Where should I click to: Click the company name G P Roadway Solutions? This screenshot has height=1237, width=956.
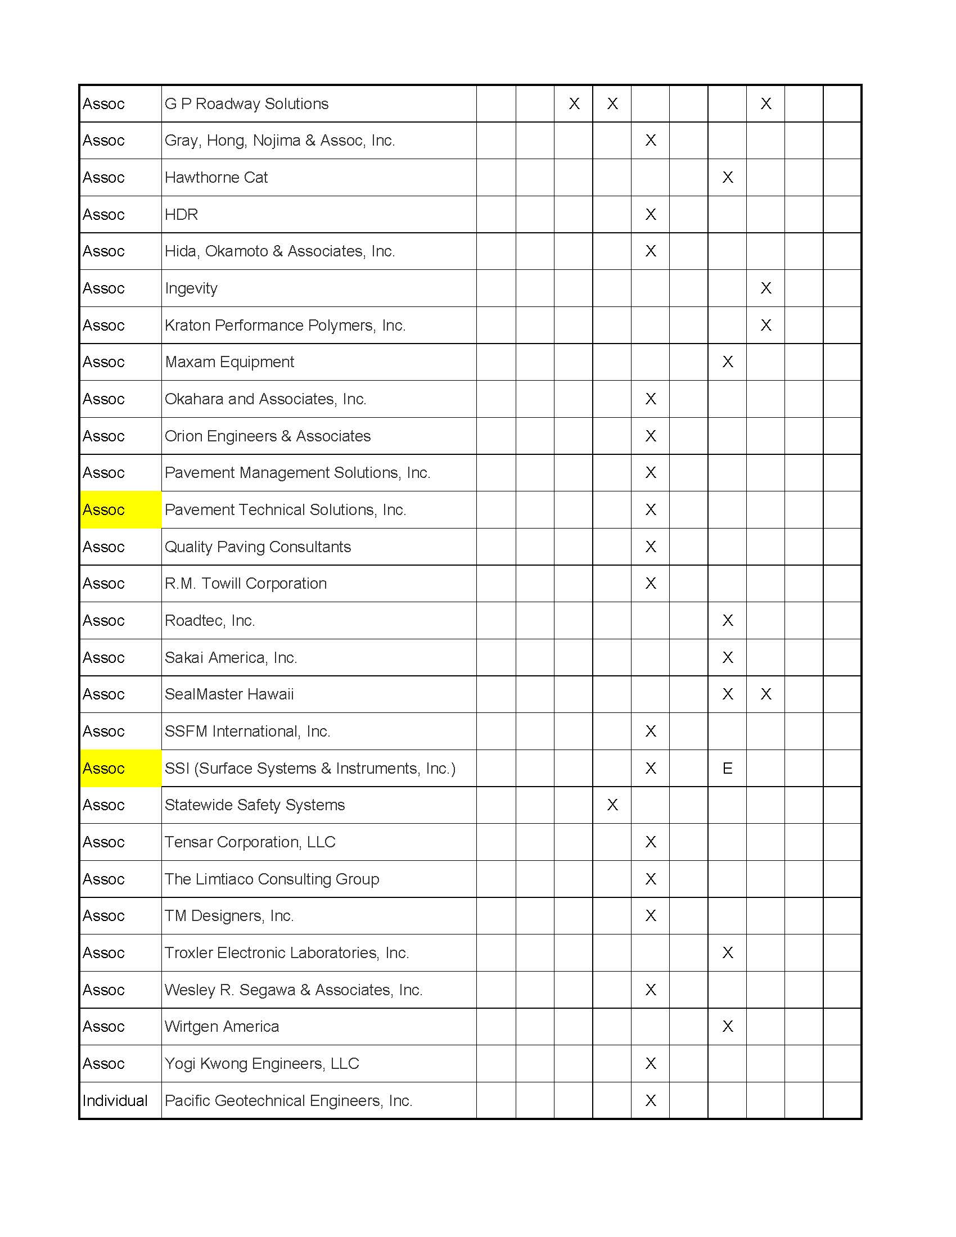pyautogui.click(x=246, y=103)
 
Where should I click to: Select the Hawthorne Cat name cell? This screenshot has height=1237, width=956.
pyautogui.click(x=217, y=177)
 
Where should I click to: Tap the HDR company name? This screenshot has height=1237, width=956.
pyautogui.click(x=181, y=214)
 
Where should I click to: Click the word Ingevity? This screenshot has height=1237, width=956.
pyautogui.click(x=191, y=288)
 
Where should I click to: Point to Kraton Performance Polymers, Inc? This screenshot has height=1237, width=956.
pyautogui.click(x=285, y=325)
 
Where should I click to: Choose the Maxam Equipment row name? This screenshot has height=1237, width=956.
pyautogui.click(x=229, y=362)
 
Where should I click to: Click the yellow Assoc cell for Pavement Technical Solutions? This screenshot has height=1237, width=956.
pyautogui.click(x=121, y=510)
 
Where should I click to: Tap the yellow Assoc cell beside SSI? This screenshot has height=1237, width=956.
pyautogui.click(x=121, y=768)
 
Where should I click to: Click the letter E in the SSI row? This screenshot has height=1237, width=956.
pyautogui.click(x=727, y=768)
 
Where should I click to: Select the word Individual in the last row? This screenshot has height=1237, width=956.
pyautogui.click(x=115, y=1100)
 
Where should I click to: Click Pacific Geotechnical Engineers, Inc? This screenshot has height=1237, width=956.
pyautogui.click(x=288, y=1100)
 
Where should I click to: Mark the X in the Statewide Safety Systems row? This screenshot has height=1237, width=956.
pyautogui.click(x=612, y=805)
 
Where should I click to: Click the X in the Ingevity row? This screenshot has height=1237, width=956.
pyautogui.click(x=766, y=288)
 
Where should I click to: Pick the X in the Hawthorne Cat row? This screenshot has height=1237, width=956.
pyautogui.click(x=728, y=177)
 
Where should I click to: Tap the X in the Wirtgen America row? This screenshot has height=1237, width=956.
pyautogui.click(x=728, y=1026)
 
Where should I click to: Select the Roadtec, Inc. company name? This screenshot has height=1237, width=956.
pyautogui.click(x=210, y=620)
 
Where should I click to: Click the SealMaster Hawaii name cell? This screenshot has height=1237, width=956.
pyautogui.click(x=229, y=694)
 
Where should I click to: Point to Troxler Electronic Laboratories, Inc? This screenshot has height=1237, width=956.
pyautogui.click(x=287, y=952)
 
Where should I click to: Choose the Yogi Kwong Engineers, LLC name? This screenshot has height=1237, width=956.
pyautogui.click(x=261, y=1063)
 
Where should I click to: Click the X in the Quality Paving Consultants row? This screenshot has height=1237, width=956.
pyautogui.click(x=651, y=547)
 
